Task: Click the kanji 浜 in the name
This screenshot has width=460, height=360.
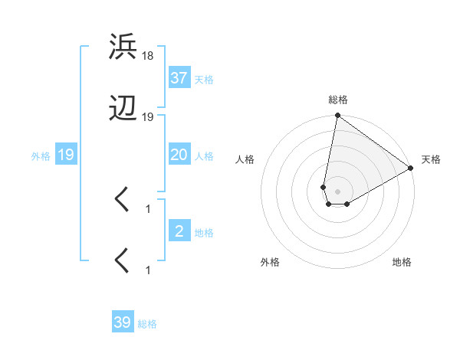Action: [x=123, y=47]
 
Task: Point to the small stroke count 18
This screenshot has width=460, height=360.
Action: [x=148, y=55]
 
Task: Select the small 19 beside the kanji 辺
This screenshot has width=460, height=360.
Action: [x=148, y=116]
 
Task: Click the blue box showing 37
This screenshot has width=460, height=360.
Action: [x=179, y=78]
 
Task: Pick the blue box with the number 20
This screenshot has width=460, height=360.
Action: [x=179, y=155]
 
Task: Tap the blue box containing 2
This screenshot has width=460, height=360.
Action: [x=179, y=231]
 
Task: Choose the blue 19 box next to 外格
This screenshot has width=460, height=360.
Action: [x=66, y=155]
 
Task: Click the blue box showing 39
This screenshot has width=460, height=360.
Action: [x=122, y=322]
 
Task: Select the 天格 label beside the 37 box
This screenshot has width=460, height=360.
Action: [x=204, y=80]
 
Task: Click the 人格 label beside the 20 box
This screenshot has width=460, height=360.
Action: [x=204, y=156]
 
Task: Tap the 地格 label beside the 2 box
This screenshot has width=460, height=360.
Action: [x=204, y=233]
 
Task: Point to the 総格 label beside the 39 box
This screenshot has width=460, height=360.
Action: [x=147, y=324]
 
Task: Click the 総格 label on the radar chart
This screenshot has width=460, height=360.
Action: [x=337, y=100]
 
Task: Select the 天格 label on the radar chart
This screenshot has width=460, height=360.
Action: [x=431, y=159]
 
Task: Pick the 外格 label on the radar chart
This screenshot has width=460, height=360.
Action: [x=270, y=262]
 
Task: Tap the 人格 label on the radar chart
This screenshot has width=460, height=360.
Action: [x=245, y=159]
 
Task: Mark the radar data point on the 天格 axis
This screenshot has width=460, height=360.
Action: [x=411, y=169]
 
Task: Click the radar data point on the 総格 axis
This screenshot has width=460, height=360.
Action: [x=337, y=116]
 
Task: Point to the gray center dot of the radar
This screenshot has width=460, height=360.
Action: [x=337, y=191]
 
